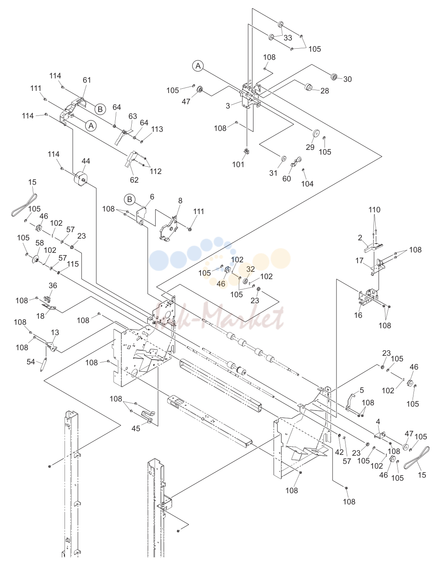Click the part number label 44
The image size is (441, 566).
click(x=86, y=161)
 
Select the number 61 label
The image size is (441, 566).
click(x=87, y=80)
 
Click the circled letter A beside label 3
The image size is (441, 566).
click(x=198, y=66)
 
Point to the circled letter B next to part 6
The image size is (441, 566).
click(x=130, y=199)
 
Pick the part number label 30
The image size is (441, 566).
click(x=348, y=79)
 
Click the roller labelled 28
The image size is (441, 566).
click(x=308, y=87)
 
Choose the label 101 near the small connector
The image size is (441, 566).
click(x=238, y=165)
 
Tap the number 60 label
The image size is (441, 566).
click(x=287, y=178)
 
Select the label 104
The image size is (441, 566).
click(x=307, y=184)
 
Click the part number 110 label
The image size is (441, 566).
click(x=374, y=209)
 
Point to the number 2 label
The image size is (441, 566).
click(x=360, y=237)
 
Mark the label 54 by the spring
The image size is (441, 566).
click(x=31, y=361)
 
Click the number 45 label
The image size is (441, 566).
click(x=136, y=428)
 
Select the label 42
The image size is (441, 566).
click(x=339, y=452)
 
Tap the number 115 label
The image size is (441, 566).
click(x=73, y=264)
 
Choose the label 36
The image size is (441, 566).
click(x=53, y=286)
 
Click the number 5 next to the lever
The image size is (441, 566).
click(x=362, y=390)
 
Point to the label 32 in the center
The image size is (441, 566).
click(x=250, y=269)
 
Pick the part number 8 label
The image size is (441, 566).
click(x=180, y=201)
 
